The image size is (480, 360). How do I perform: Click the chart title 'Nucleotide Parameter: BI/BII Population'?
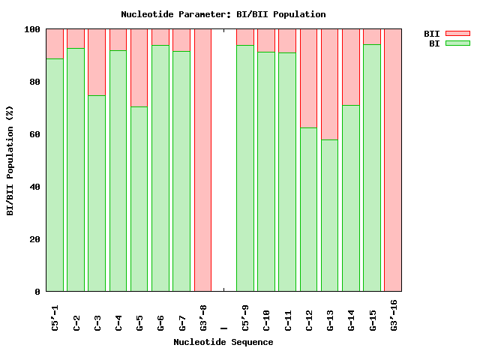click(223, 14)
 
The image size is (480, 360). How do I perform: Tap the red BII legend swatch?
click(457, 34)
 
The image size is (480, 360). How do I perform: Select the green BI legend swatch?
click(457, 43)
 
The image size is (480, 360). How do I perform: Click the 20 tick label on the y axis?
click(35, 239)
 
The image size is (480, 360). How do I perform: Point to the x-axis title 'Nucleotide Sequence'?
click(223, 342)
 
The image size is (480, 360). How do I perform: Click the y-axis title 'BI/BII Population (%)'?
click(10, 160)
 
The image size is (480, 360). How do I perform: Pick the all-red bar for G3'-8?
click(202, 160)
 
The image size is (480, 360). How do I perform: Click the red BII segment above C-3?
click(97, 62)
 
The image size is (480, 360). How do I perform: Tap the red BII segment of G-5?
click(139, 67)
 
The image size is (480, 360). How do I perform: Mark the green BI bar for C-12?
click(308, 209)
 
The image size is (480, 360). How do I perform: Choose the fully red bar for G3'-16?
click(393, 160)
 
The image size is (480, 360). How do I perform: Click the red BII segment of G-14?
click(351, 67)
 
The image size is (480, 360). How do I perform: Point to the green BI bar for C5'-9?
click(244, 168)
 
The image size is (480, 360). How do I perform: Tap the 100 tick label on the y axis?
click(32, 29)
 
